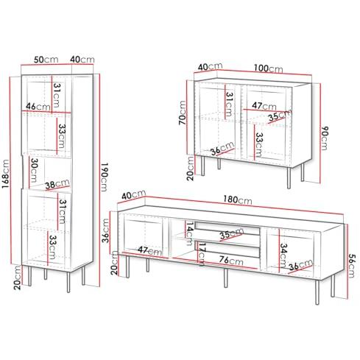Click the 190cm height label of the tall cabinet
click(x=104, y=177)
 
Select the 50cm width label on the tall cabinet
click(x=46, y=59)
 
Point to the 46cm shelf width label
click(x=38, y=106)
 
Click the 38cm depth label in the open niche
click(x=57, y=184)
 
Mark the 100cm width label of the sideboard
click(x=268, y=68)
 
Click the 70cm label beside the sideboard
click(x=183, y=113)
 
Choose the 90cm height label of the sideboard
click(x=325, y=138)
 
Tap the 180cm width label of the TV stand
click(x=237, y=200)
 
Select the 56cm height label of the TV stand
click(x=352, y=266)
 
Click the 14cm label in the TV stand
click(x=188, y=233)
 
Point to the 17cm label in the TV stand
click(x=201, y=254)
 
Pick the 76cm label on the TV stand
click(x=231, y=261)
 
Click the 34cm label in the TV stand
click(x=283, y=255)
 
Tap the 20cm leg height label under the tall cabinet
click(x=18, y=278)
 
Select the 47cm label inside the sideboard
click(x=264, y=106)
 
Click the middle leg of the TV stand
click(x=226, y=278)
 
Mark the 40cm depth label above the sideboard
click(x=211, y=67)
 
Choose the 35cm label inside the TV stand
click(x=232, y=233)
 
